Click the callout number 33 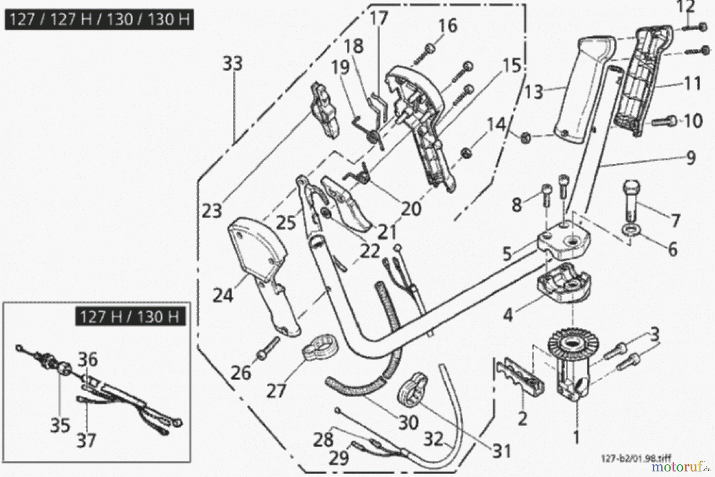tap(233, 64)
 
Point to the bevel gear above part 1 tap(570, 344)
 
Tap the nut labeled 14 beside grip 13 tap(526, 138)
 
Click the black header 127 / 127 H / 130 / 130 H tap(99, 19)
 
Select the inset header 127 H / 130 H tap(130, 317)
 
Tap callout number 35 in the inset tap(60, 425)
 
